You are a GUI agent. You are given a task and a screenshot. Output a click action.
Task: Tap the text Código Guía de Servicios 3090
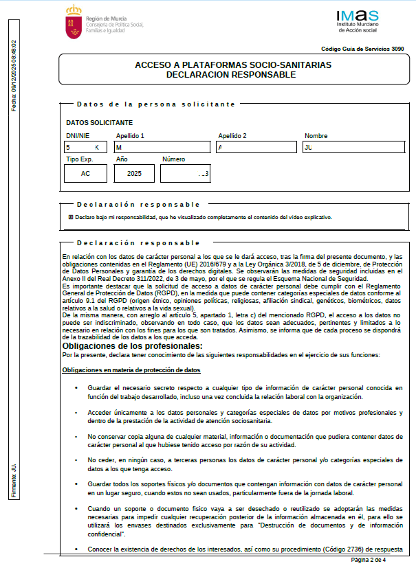coord(362,49)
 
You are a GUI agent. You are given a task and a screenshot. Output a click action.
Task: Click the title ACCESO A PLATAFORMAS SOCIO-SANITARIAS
coord(233,65)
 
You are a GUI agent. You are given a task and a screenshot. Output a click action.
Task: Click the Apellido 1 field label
coord(129,136)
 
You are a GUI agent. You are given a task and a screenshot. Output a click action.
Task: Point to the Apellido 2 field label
coord(232,136)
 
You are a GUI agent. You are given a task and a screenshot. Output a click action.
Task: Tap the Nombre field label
coord(316,136)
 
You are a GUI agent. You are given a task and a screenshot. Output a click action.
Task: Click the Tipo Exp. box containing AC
coord(86,174)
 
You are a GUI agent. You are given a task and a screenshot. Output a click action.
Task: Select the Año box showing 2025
coord(134,174)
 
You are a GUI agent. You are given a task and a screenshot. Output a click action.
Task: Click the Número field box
coord(184,174)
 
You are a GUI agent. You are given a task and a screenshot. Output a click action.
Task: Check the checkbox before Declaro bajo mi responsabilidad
coord(71,217)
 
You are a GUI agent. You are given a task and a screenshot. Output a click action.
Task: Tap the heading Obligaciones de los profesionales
coord(132,346)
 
